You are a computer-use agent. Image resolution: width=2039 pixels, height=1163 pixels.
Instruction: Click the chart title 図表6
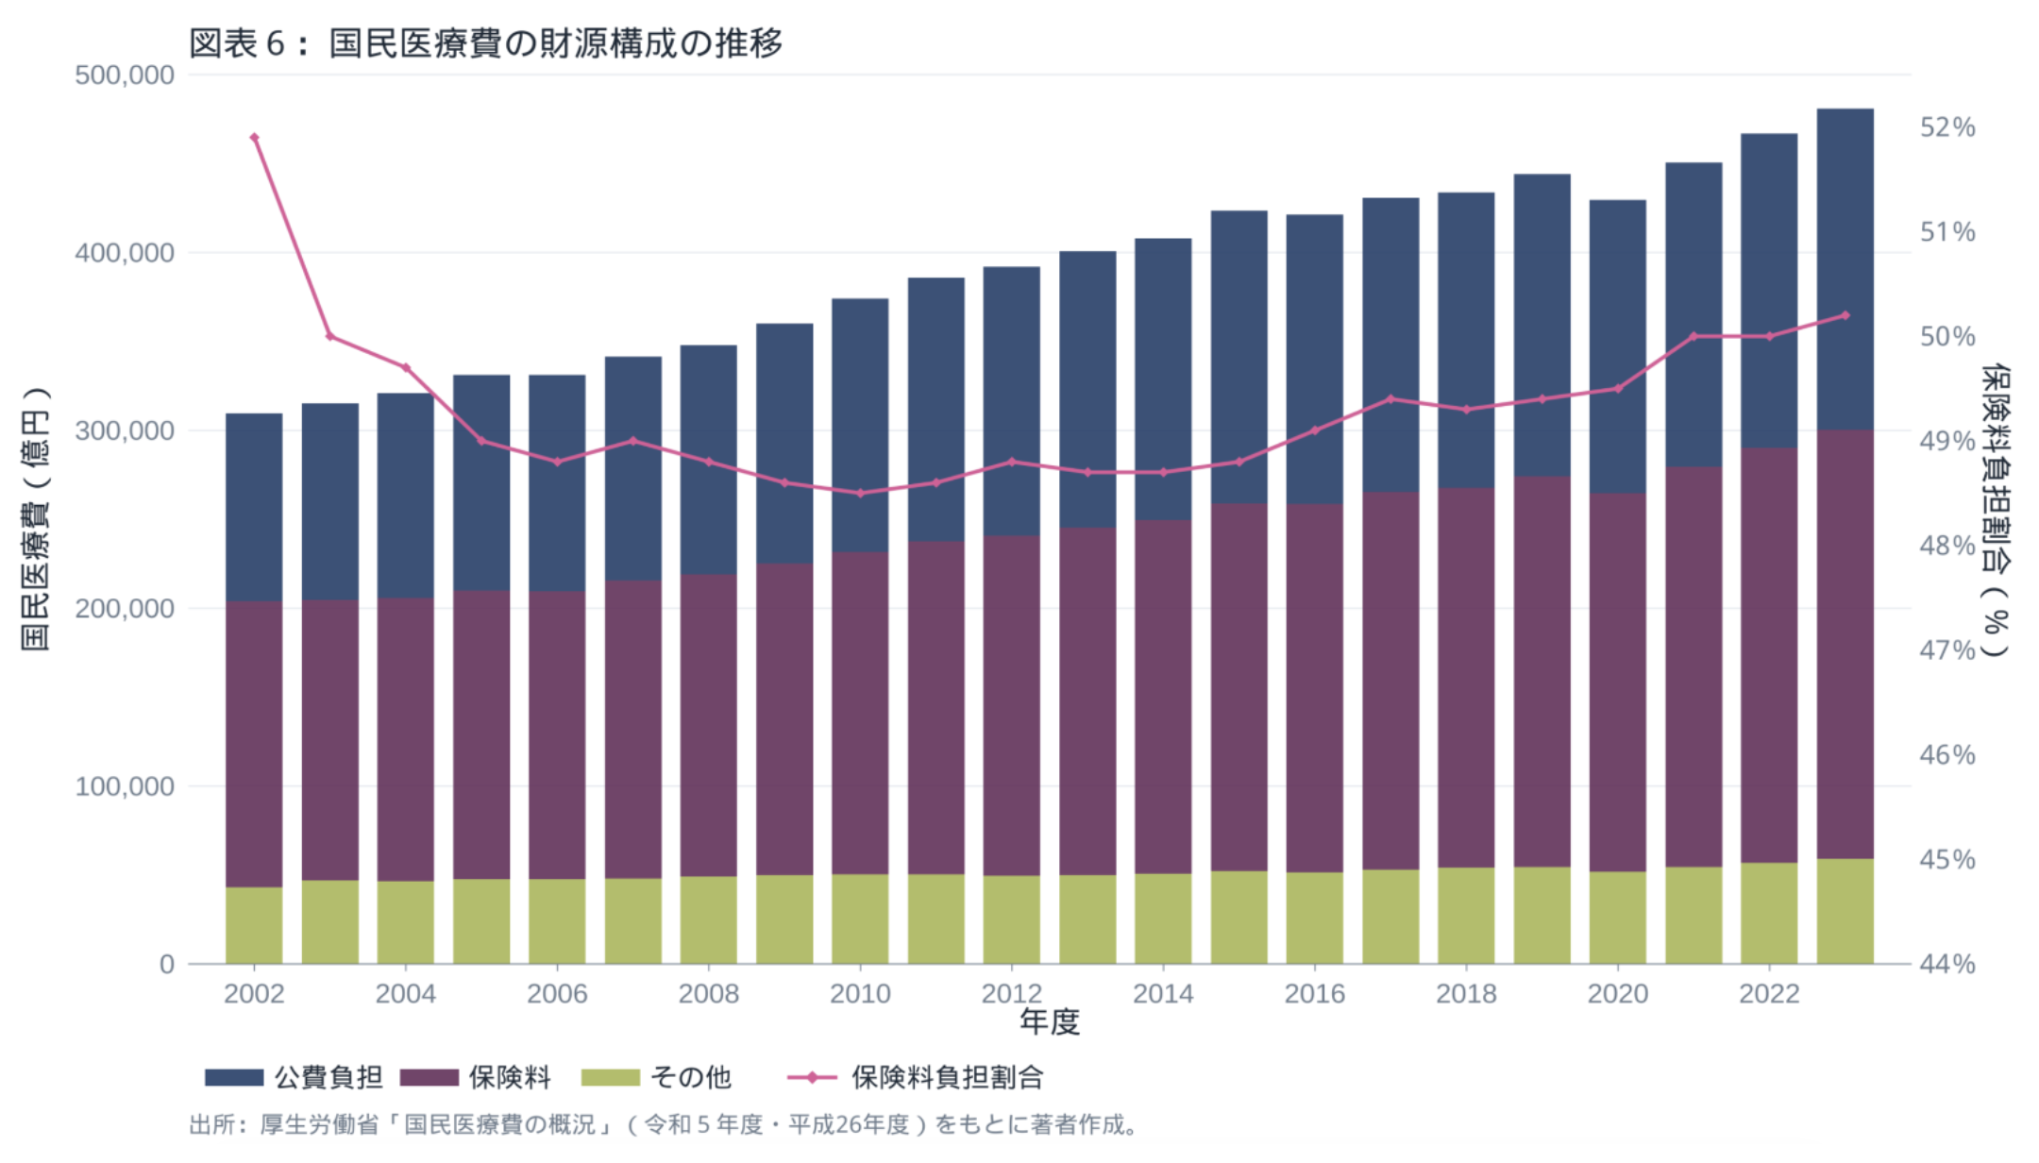[x=485, y=43]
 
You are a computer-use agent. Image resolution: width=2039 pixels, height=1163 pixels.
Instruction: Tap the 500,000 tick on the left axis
[x=125, y=76]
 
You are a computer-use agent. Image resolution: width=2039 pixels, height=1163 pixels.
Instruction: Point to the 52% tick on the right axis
[x=1946, y=127]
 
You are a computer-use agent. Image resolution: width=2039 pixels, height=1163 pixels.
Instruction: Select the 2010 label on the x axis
[x=860, y=993]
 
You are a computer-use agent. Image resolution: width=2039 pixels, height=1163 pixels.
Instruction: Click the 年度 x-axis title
[x=1049, y=1021]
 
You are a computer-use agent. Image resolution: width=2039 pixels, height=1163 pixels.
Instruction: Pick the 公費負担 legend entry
[x=294, y=1077]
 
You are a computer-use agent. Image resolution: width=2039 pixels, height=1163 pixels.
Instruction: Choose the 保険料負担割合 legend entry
[x=916, y=1077]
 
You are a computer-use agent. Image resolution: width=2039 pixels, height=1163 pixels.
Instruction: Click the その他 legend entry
[x=657, y=1077]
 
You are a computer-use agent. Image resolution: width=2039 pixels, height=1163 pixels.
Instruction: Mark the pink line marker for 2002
[x=254, y=138]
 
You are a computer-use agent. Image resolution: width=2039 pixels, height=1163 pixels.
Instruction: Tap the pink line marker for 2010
[x=860, y=493]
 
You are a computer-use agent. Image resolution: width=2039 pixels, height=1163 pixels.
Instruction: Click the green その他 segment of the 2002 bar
[x=254, y=925]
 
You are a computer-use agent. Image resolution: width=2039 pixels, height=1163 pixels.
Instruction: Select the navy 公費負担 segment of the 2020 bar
[x=1617, y=346]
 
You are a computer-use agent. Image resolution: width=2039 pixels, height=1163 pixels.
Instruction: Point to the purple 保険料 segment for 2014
[x=1163, y=697]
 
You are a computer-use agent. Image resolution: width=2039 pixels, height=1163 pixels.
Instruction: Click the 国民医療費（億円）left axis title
[x=35, y=519]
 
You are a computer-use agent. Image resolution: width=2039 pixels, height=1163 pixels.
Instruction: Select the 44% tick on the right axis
[x=1946, y=964]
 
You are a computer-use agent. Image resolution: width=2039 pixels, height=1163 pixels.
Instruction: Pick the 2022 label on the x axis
[x=1769, y=993]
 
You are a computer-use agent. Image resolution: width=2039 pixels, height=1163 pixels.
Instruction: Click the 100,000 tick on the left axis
[x=125, y=786]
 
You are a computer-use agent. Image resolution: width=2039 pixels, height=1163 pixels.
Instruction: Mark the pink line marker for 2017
[x=1390, y=399]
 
